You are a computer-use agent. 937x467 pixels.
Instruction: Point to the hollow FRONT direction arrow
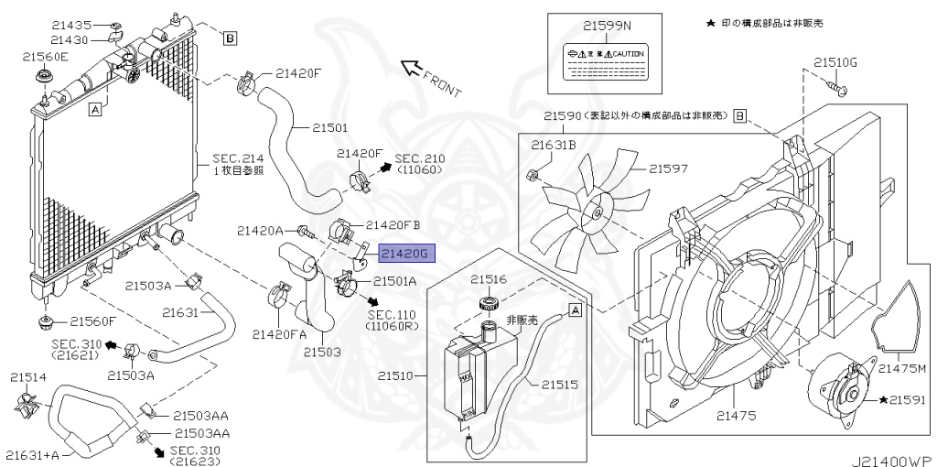tap(413, 67)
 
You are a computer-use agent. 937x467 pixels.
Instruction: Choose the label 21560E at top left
tap(44, 56)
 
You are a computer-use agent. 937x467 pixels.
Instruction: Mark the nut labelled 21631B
tap(532, 173)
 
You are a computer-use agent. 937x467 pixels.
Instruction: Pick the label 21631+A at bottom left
tap(31, 454)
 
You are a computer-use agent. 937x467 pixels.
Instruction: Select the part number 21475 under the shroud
tap(737, 416)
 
